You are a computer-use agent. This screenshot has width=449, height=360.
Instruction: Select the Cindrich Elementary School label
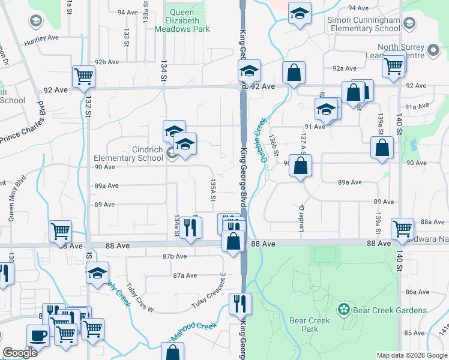(x=128, y=154)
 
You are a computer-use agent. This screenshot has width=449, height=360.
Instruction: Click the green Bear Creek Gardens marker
(x=344, y=310)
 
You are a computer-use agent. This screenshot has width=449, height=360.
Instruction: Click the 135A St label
(x=212, y=189)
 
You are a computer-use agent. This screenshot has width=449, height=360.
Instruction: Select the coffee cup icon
(x=38, y=335)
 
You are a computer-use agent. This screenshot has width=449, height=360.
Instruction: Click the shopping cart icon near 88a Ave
(x=402, y=227)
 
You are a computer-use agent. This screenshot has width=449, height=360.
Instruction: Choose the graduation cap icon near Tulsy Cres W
(x=97, y=273)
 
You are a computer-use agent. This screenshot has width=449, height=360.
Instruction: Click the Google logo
(x=20, y=353)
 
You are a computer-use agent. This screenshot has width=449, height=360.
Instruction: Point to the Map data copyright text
(x=411, y=355)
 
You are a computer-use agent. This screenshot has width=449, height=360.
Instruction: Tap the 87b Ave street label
(x=158, y=256)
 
